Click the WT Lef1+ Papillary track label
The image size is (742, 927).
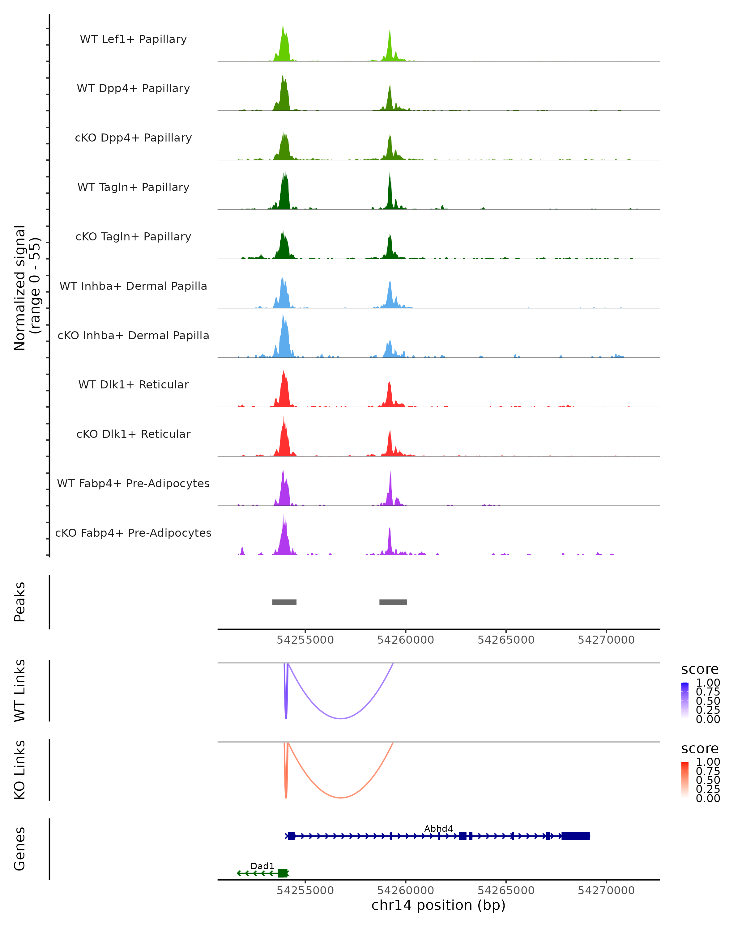(x=133, y=39)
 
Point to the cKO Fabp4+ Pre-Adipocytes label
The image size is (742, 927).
(x=133, y=533)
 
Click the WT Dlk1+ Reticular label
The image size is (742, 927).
(x=133, y=384)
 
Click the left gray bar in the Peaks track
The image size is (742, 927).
(x=284, y=602)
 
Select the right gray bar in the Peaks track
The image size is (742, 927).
(x=393, y=602)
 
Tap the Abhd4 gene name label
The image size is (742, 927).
(x=438, y=828)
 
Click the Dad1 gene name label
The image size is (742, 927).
(x=262, y=866)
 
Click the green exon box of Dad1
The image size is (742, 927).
(x=282, y=873)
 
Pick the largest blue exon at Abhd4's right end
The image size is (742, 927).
(x=576, y=836)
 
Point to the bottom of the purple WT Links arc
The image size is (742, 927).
(x=340, y=718)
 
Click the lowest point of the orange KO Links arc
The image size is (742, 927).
(x=340, y=798)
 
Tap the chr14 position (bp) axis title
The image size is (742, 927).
(x=438, y=905)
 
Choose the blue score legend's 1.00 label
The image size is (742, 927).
(x=708, y=683)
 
